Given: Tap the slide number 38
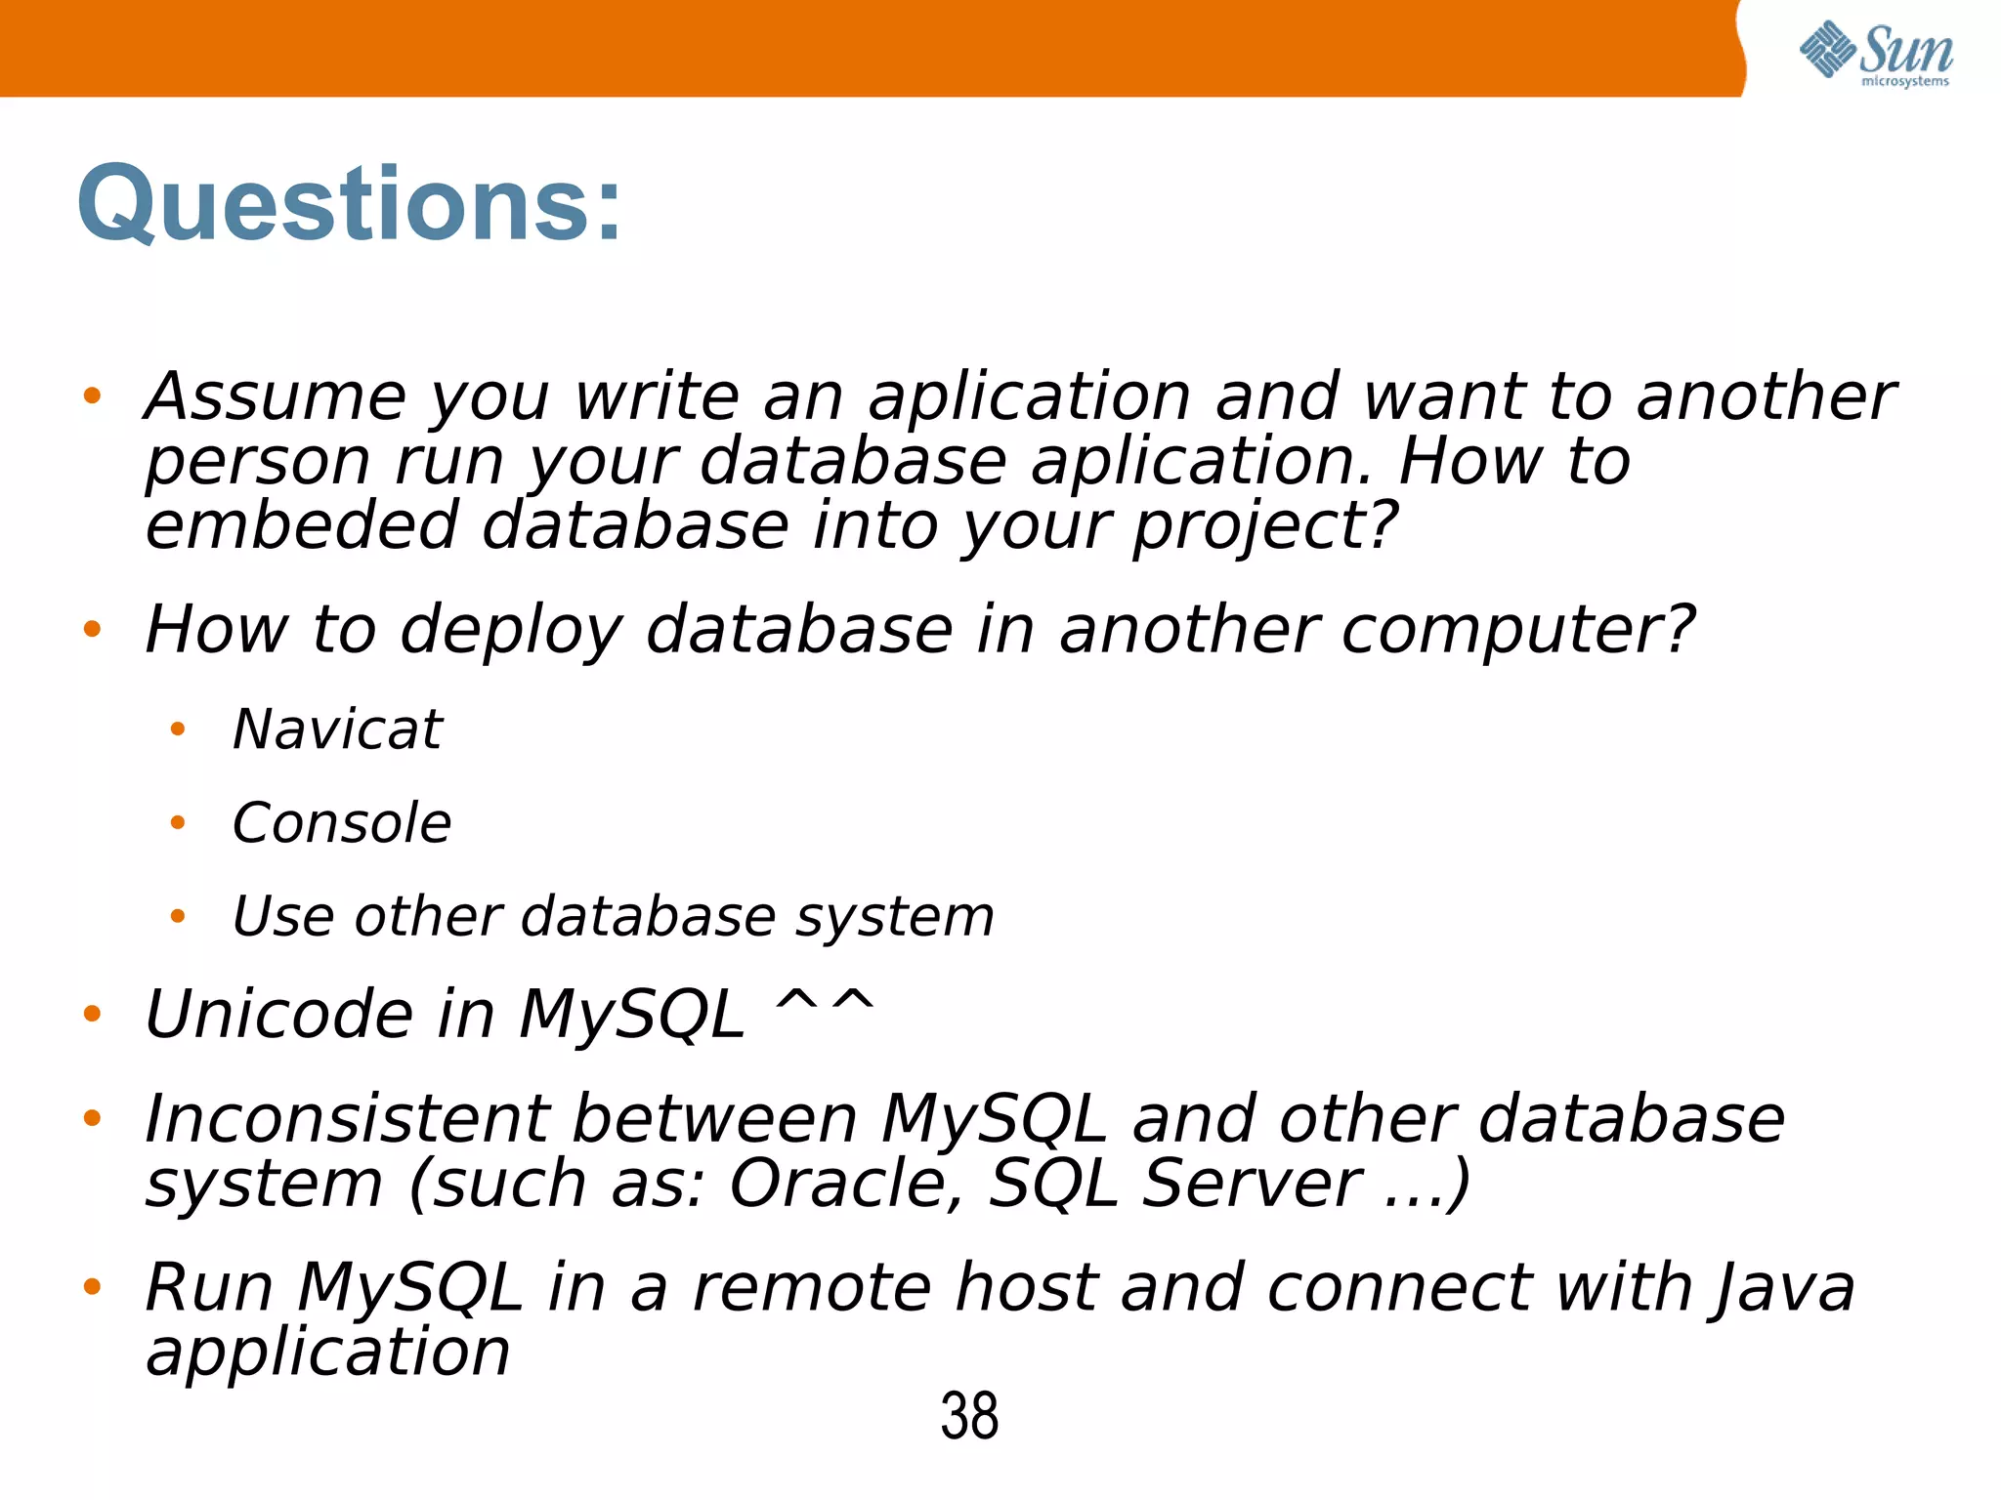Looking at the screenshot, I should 969,1415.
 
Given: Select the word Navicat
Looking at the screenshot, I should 337,729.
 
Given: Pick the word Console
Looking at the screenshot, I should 342,822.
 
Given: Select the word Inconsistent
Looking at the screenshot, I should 346,1118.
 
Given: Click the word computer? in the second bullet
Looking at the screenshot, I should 1517,631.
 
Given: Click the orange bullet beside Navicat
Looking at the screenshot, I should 177,729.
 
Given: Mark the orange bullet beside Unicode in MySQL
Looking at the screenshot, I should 92,1014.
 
